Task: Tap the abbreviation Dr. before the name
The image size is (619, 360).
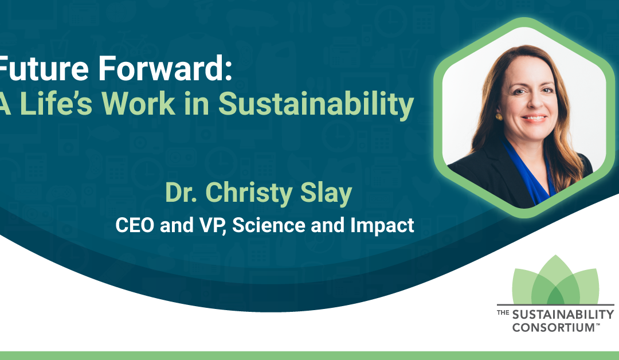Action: [181, 193]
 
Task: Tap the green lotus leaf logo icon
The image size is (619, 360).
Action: [555, 280]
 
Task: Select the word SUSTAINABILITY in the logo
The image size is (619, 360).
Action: [563, 315]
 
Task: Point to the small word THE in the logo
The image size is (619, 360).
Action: [503, 312]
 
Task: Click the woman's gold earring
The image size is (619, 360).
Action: [499, 117]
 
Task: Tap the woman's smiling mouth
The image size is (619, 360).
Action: [534, 118]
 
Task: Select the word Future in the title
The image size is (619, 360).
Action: [44, 68]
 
